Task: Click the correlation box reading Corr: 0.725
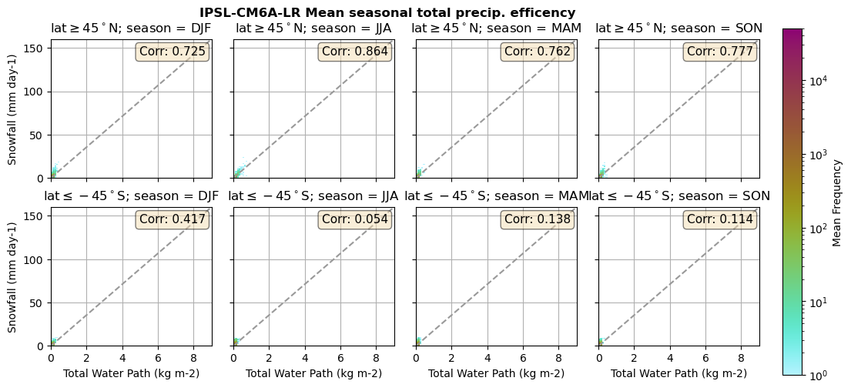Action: (172, 52)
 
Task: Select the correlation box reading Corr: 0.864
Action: (354, 52)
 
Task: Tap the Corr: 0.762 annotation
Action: (537, 52)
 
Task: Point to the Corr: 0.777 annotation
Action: (719, 52)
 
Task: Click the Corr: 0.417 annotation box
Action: (172, 219)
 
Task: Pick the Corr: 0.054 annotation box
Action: (354, 219)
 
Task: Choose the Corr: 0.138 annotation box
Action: (537, 219)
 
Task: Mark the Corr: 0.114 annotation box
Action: (719, 219)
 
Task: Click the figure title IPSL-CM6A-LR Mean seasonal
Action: (387, 13)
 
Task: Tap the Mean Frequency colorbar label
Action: (838, 202)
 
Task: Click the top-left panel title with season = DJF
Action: (131, 28)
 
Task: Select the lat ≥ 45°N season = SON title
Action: (678, 28)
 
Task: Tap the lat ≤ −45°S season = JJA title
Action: (313, 196)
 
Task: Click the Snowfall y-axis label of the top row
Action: (13, 109)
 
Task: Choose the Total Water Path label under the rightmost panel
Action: (678, 373)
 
